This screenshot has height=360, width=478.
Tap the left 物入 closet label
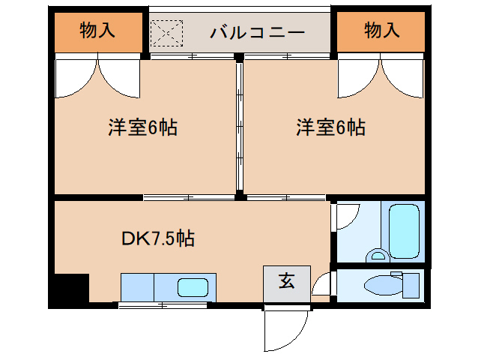[97, 31]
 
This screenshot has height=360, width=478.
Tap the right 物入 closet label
[382, 31]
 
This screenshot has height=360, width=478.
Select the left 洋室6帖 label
[142, 127]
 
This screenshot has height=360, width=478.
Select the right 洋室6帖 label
[330, 127]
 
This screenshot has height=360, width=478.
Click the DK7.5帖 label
[158, 238]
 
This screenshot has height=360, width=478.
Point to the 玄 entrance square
[286, 283]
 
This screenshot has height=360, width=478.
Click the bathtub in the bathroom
[406, 229]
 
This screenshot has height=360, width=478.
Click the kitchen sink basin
[193, 287]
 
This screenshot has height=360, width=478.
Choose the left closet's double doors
[97, 78]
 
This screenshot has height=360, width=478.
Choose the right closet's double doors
[382, 78]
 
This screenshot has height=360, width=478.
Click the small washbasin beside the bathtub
[377, 255]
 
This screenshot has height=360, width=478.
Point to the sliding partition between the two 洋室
[239, 127]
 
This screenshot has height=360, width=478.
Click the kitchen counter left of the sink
[138, 287]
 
